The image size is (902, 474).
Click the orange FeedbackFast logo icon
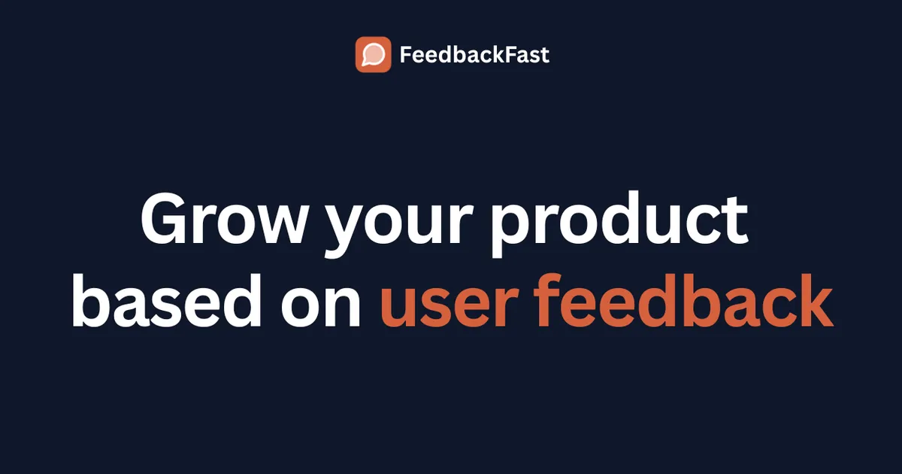tap(373, 55)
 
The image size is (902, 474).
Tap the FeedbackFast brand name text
tap(474, 55)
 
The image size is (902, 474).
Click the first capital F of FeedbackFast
tap(405, 55)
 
